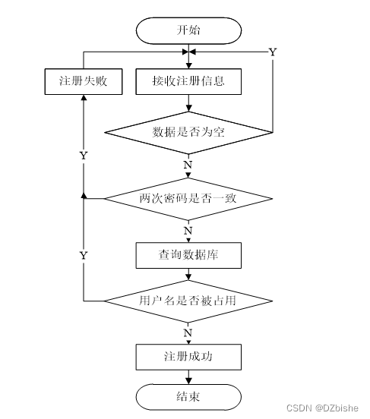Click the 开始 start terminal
point(188,30)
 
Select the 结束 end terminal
point(188,395)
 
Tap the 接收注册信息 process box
point(188,81)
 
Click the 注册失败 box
point(82,81)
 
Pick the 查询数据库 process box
point(188,256)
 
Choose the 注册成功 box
point(188,356)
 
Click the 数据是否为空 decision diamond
point(188,131)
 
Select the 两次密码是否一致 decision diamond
point(188,198)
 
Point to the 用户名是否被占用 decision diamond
point(188,301)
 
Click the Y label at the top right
point(273,52)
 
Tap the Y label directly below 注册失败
point(84,155)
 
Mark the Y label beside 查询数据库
point(84,256)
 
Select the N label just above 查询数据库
point(188,230)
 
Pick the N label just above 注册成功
point(188,332)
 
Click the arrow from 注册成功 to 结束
point(188,376)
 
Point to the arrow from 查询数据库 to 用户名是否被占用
point(188,276)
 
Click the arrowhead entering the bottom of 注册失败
point(82,99)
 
